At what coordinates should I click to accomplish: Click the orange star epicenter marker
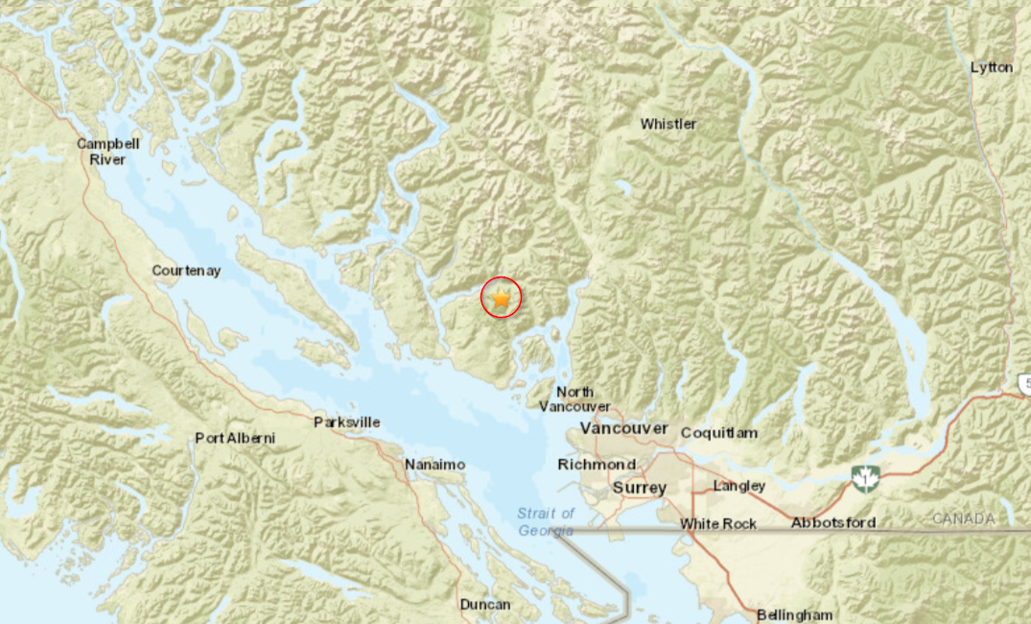[x=501, y=299]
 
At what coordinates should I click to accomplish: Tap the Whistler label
[x=668, y=124]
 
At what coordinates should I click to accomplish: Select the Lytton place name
[x=991, y=67]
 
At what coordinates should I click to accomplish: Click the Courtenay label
[x=186, y=271]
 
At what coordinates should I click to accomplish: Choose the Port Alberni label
[x=235, y=438]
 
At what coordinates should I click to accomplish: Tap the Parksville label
[x=347, y=422]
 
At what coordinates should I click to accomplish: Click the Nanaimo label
[x=434, y=465]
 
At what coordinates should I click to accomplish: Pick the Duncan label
[x=485, y=605]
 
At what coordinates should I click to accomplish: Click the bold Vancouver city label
[x=623, y=428]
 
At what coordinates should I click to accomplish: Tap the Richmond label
[x=597, y=465]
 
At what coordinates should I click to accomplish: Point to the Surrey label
[x=640, y=488]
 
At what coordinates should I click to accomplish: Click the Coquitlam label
[x=719, y=433]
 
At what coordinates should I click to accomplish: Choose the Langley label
[x=739, y=486]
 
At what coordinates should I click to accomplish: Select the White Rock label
[x=718, y=524]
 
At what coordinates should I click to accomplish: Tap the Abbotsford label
[x=832, y=522]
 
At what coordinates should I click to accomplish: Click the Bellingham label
[x=794, y=614]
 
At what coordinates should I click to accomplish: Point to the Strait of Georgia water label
[x=547, y=521]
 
